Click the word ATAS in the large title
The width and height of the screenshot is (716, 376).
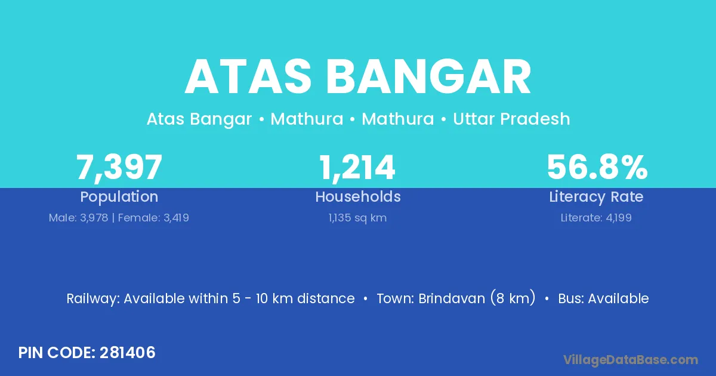tap(248, 77)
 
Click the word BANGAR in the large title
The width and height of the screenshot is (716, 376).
tap(428, 77)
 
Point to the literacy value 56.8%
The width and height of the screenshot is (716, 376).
tap(597, 167)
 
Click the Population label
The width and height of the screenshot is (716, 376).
tap(119, 197)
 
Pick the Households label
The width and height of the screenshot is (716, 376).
tap(358, 196)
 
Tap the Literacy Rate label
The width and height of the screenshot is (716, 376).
tap(596, 197)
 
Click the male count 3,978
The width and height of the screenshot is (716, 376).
tap(94, 218)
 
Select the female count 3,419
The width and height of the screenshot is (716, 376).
tap(176, 218)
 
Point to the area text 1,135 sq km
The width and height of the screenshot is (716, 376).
tap(357, 218)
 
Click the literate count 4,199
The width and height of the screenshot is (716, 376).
tap(619, 218)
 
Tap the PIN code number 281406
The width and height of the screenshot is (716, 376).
tap(128, 353)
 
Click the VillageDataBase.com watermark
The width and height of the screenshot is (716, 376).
tap(631, 360)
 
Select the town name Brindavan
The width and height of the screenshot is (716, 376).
tap(452, 298)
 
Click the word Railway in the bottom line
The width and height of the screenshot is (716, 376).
tap(93, 299)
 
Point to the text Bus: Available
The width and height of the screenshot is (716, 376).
tap(603, 298)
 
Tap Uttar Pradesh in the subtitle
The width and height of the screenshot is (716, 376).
tap(511, 119)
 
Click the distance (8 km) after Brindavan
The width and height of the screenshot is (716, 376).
tap(513, 298)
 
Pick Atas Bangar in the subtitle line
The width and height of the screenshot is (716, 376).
tap(199, 119)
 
